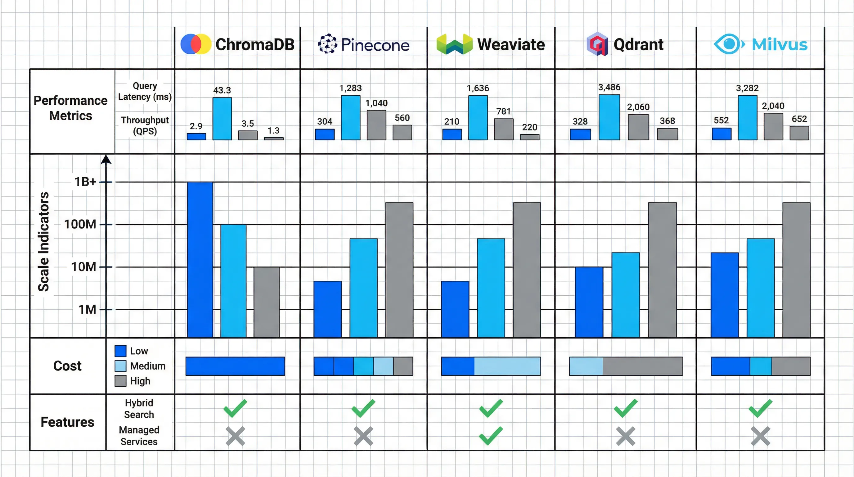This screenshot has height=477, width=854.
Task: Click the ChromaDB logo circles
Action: click(x=196, y=44)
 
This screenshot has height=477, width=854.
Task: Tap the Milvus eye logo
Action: click(x=729, y=44)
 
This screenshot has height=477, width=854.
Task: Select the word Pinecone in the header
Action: click(x=375, y=45)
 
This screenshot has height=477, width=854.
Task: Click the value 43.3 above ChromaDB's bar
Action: click(x=222, y=90)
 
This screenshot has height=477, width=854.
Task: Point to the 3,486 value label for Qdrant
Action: click(x=609, y=87)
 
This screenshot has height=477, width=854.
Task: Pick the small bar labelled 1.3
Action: click(x=273, y=138)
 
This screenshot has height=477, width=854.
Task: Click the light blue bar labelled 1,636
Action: click(x=478, y=118)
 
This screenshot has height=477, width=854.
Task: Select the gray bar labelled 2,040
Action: click(x=773, y=126)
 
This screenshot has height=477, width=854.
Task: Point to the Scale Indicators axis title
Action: click(x=43, y=242)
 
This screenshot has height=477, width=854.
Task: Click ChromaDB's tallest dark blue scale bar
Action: click(x=200, y=259)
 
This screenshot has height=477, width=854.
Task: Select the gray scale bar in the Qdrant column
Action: click(x=662, y=270)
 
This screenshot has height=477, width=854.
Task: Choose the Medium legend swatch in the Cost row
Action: click(x=120, y=366)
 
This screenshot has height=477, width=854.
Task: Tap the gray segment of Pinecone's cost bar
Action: click(x=403, y=366)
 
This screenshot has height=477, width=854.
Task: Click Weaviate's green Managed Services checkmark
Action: click(x=491, y=435)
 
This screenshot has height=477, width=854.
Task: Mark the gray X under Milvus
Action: click(x=760, y=436)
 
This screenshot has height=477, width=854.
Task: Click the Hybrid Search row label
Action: click(x=139, y=409)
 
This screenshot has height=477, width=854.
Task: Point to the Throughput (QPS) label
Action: click(x=145, y=125)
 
